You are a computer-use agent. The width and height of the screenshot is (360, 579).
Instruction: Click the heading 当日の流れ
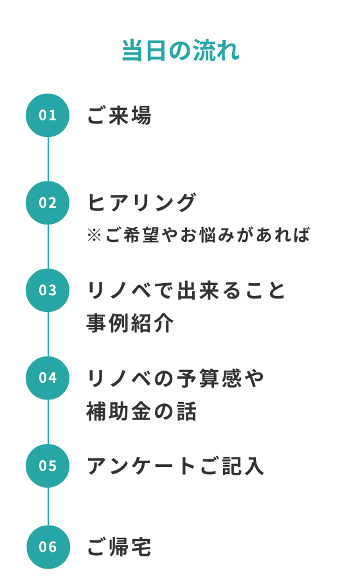pyautogui.click(x=181, y=50)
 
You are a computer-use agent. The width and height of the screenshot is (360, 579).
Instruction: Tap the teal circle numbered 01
pyautogui.click(x=48, y=115)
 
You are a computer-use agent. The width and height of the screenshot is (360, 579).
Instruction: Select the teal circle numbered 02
pyautogui.click(x=48, y=203)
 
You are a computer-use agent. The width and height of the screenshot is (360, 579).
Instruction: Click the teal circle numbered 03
pyautogui.click(x=48, y=290)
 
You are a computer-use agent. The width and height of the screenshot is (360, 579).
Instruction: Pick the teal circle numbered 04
pyautogui.click(x=48, y=378)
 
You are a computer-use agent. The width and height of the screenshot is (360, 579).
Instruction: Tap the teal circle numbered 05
pyautogui.click(x=48, y=466)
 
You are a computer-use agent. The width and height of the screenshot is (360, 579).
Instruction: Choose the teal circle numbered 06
pyautogui.click(x=48, y=547)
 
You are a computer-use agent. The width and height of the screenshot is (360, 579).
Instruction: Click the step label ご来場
pyautogui.click(x=119, y=115)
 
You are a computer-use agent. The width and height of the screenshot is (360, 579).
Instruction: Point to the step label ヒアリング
pyautogui.click(x=141, y=203)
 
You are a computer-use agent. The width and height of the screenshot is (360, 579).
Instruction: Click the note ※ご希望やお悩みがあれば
pyautogui.click(x=199, y=235)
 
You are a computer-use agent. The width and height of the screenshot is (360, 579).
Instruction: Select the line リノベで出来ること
pyautogui.click(x=186, y=290)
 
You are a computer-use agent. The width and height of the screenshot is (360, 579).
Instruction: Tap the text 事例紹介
pyautogui.click(x=130, y=323)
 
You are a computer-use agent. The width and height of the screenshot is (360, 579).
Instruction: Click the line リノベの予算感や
pyautogui.click(x=175, y=378)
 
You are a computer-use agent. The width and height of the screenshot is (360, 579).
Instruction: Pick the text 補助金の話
pyautogui.click(x=141, y=411)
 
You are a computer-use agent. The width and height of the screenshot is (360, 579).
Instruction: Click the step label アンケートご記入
pyautogui.click(x=175, y=466)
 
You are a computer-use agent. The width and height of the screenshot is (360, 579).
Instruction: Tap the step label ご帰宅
pyautogui.click(x=119, y=547)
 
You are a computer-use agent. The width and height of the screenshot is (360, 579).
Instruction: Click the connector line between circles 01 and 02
pyautogui.click(x=48, y=159)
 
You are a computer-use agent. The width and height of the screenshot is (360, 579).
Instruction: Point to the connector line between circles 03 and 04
pyautogui.click(x=48, y=334)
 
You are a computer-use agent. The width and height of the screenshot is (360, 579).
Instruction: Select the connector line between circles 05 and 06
pyautogui.click(x=48, y=506)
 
